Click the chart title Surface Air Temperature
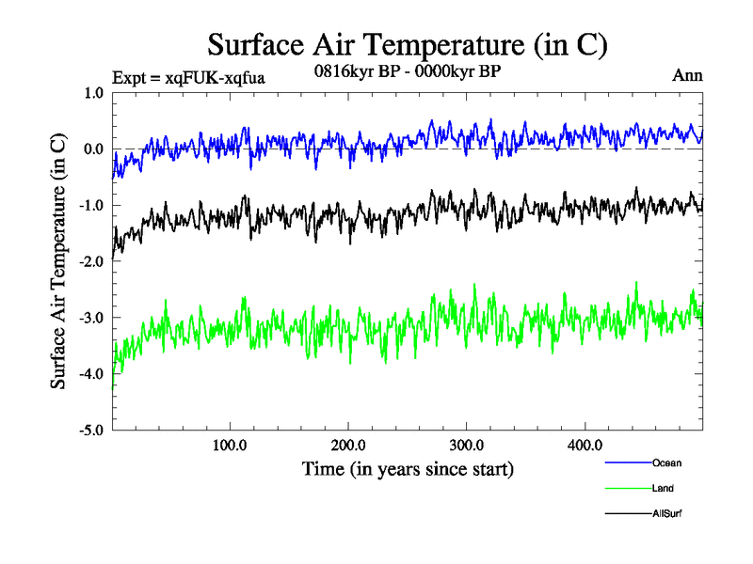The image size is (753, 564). [x=408, y=44]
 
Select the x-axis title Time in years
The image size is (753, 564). [x=408, y=467]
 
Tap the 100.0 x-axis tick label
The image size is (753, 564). [x=230, y=445]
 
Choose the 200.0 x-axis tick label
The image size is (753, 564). [x=348, y=445]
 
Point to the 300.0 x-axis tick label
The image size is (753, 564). [x=467, y=445]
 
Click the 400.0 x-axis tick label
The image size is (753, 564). [x=585, y=445]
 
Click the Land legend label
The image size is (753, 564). [x=663, y=489]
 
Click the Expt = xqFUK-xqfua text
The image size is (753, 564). [x=188, y=78]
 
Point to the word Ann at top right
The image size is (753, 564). [x=687, y=75]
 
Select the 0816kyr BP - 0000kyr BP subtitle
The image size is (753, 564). [x=407, y=70]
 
